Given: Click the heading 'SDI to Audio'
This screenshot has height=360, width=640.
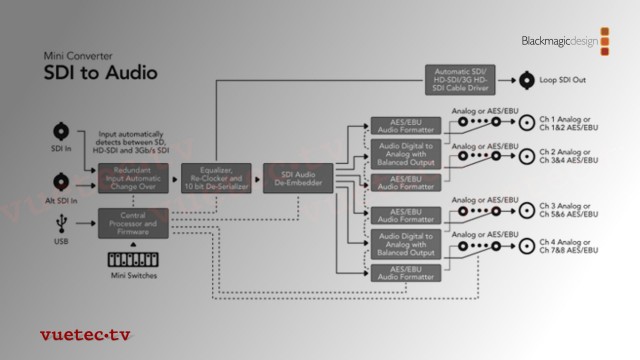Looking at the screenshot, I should (x=101, y=74).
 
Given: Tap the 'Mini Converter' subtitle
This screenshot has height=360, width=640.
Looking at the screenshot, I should (x=78, y=55).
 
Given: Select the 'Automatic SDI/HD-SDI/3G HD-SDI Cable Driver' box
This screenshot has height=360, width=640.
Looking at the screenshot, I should (x=462, y=79).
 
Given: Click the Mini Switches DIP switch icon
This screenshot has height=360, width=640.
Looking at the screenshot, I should (x=133, y=257).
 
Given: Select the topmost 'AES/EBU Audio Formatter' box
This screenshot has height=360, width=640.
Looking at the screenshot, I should (x=404, y=126).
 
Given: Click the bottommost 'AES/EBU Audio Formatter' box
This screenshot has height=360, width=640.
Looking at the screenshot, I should (x=404, y=272).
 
